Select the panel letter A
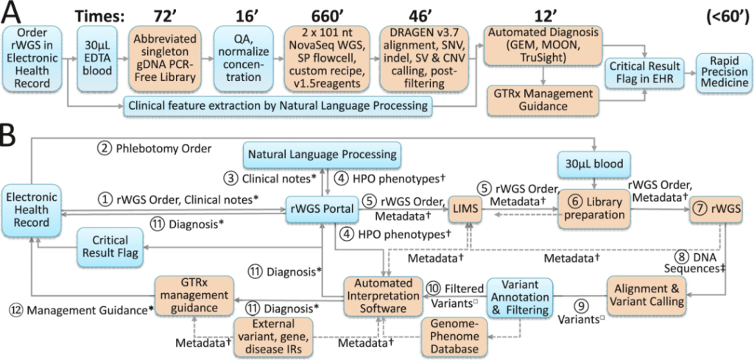coord(13,15)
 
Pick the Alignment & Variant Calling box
coord(646,294)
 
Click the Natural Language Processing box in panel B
coord(322,155)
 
